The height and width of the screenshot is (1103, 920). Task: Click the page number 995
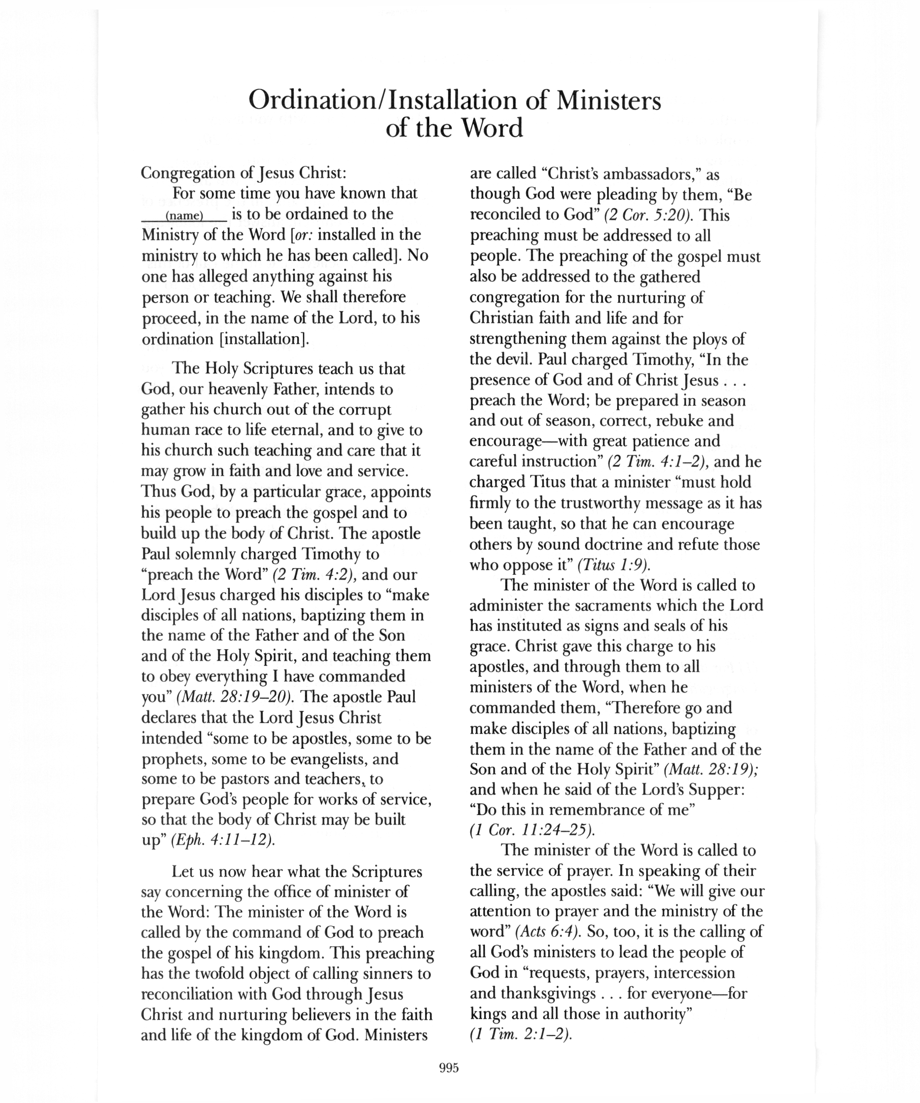[x=449, y=1068]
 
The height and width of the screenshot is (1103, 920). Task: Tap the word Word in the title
[x=492, y=128]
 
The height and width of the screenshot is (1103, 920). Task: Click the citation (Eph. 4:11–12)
[x=223, y=840]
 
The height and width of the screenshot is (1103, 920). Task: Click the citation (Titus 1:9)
[x=613, y=565]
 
